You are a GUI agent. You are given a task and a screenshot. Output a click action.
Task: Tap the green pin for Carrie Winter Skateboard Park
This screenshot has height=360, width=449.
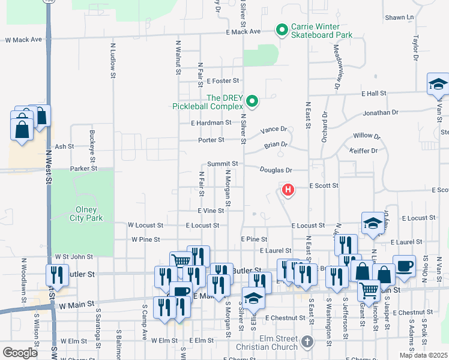[x=281, y=29]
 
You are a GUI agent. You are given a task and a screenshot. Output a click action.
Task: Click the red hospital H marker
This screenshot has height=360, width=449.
[x=288, y=191]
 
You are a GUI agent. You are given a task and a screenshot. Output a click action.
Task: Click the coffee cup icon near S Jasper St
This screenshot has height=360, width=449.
[x=404, y=266]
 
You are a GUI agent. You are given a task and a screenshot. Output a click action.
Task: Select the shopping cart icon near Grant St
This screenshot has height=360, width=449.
[x=369, y=290]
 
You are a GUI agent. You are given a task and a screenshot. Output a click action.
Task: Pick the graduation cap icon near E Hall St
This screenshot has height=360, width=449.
[x=438, y=84]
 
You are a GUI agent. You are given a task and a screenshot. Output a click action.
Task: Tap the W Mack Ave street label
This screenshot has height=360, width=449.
[x=23, y=40]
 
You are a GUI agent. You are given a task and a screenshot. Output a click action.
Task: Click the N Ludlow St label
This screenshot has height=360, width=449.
[x=113, y=60]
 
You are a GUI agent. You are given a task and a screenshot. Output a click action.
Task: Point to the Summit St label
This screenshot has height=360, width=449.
[x=223, y=163]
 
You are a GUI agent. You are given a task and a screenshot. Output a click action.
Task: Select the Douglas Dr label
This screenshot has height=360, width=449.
[x=276, y=170]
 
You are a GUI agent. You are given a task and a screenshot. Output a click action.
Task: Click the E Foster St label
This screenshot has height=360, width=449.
[x=223, y=80]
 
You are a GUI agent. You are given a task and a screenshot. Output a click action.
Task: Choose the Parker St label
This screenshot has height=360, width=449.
[x=83, y=169]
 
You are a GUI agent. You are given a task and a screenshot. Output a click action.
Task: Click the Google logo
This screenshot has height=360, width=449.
[x=20, y=353]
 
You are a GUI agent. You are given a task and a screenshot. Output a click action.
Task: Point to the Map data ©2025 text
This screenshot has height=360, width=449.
[x=423, y=355]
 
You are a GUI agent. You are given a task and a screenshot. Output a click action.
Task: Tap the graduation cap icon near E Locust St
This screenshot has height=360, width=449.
[x=373, y=223]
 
